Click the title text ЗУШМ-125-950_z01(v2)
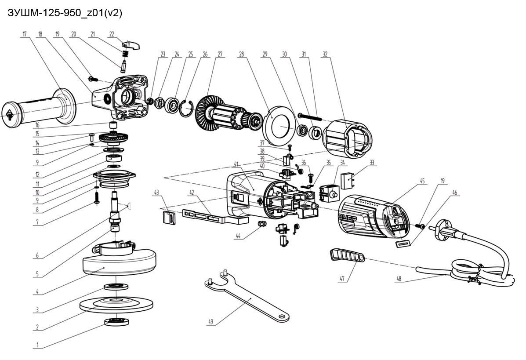click(65, 13)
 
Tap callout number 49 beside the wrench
click(210, 322)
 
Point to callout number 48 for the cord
click(399, 279)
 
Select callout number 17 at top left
click(25, 34)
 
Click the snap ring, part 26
click(186, 108)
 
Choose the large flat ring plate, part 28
click(279, 123)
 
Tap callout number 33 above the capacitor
click(372, 163)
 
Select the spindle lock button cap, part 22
click(131, 44)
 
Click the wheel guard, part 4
click(119, 262)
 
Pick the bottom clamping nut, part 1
click(116, 322)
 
